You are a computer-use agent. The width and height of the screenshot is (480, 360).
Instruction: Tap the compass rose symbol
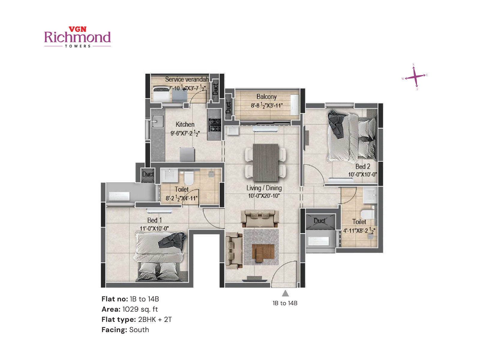415,77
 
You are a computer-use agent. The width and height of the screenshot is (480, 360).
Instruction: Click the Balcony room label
266,97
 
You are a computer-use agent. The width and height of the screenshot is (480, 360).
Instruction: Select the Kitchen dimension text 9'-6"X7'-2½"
185,133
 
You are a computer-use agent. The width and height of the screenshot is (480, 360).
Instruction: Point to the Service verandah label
187,79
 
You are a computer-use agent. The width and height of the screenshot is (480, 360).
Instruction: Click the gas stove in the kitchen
215,125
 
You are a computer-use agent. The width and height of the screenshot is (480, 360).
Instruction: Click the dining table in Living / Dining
265,162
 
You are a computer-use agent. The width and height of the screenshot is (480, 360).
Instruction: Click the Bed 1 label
154,220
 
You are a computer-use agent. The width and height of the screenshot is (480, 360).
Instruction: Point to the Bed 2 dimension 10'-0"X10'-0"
362,174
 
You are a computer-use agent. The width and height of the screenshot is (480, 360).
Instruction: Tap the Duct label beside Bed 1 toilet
148,174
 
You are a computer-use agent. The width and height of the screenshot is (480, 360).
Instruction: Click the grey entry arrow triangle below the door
285,293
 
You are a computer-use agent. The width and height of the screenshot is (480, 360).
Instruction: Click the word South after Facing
139,330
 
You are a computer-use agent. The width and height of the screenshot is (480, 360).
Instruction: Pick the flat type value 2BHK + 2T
155,319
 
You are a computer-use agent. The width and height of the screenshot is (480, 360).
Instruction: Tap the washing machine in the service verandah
161,94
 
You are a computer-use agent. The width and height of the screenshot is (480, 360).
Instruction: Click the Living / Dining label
264,188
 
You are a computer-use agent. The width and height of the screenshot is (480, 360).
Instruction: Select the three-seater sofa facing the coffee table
260,218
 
